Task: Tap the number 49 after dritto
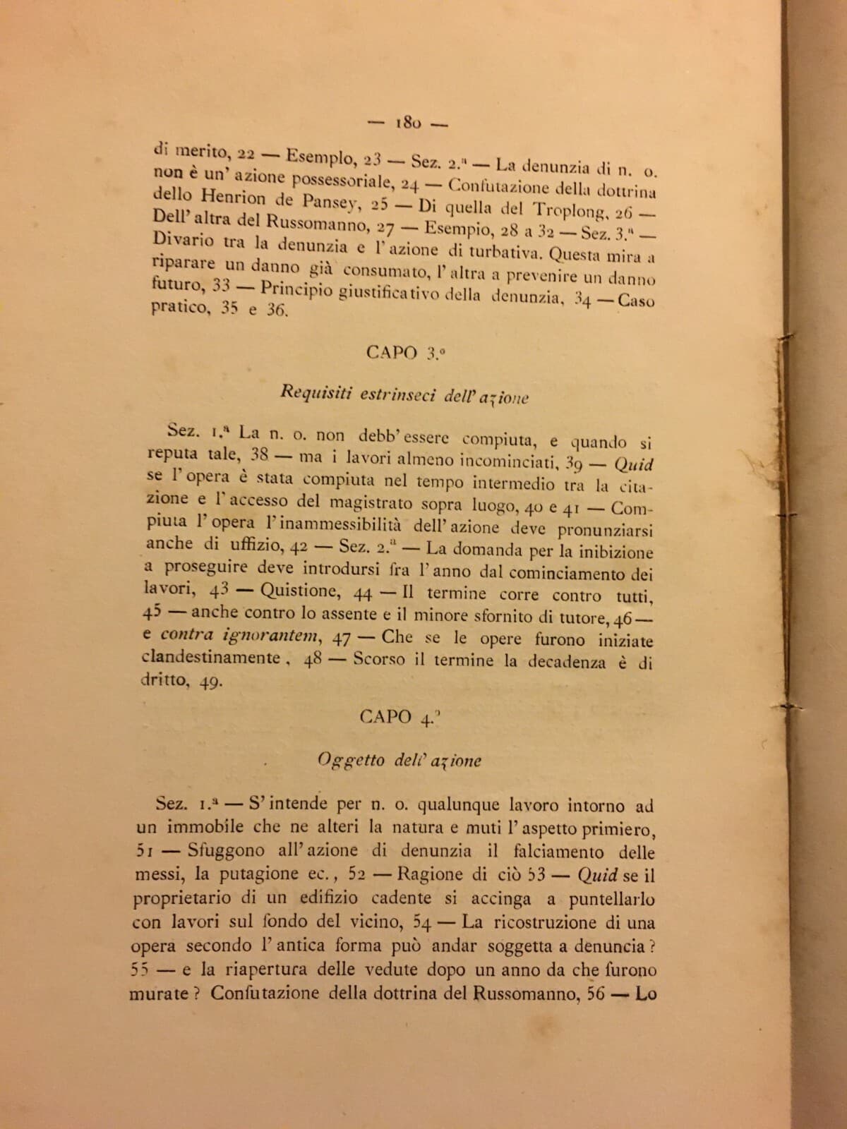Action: [x=212, y=682]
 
